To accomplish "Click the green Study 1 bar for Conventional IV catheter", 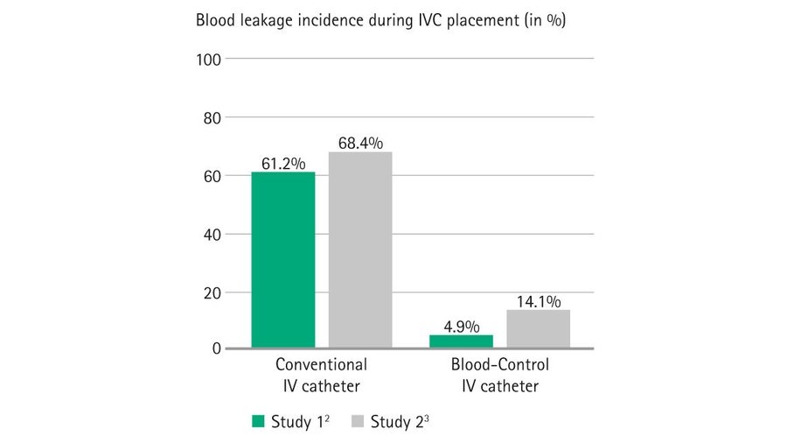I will point(282,260).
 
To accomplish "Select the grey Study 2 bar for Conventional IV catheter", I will point(360,250).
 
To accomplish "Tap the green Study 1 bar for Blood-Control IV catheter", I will point(461,341).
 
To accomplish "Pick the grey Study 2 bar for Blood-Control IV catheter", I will point(538,329).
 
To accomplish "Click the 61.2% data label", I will point(283,163).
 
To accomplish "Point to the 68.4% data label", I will point(360,143).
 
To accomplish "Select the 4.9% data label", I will point(461,327).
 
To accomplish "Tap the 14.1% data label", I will point(538,301).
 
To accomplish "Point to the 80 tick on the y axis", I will point(212,117).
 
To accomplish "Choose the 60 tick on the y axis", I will point(212,176).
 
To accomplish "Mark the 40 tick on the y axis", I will point(212,235).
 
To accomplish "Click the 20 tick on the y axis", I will point(212,292).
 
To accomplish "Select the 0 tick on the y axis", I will point(216,348).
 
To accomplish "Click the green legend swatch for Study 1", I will point(258,421).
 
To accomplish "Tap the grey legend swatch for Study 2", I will point(356,421).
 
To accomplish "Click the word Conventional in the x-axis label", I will point(321,365).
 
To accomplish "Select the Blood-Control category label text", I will point(498,365).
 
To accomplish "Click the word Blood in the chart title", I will point(214,20).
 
